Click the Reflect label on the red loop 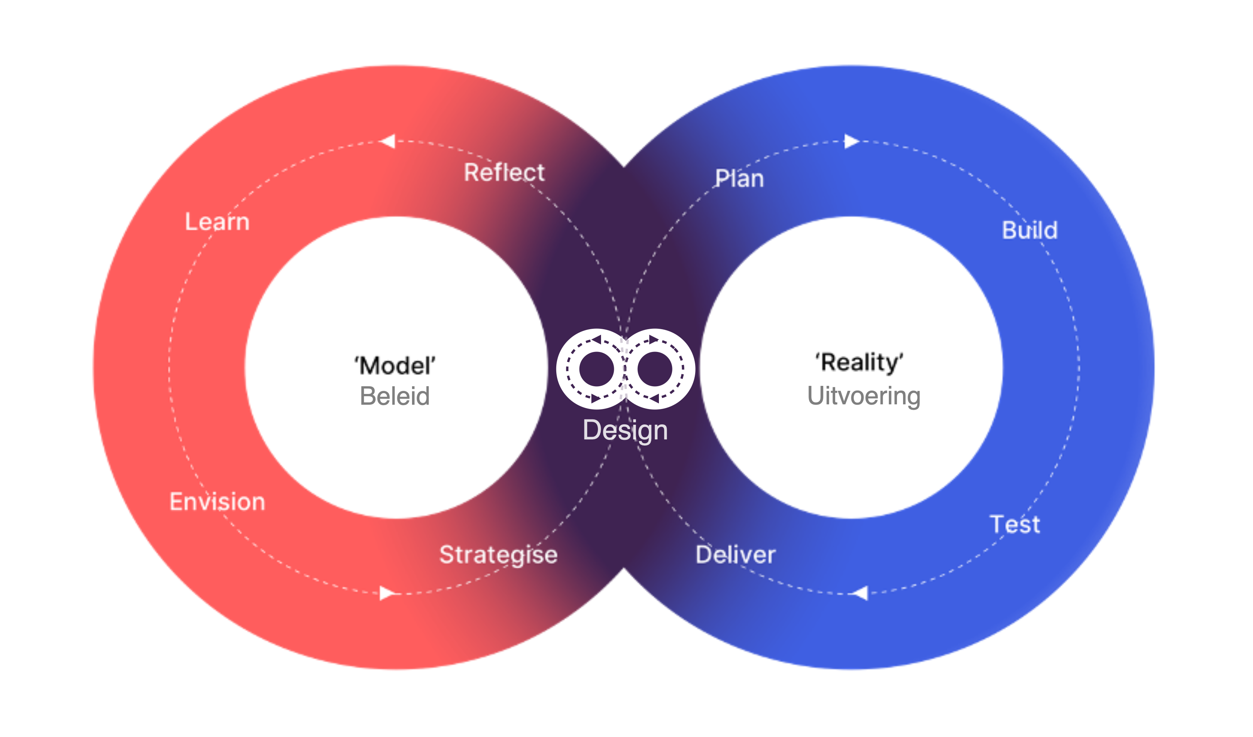point(504,172)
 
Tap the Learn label point(217,222)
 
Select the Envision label point(217,501)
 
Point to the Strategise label point(498,555)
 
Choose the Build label point(1029,230)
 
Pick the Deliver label point(735,555)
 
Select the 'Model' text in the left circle point(395,366)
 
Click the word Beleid point(395,396)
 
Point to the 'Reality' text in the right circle point(859,362)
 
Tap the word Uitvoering point(864,396)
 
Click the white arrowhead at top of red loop point(388,141)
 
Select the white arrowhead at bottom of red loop point(387,593)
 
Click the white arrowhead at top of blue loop point(851,141)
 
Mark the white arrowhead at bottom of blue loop point(860,593)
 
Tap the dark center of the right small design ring point(654,369)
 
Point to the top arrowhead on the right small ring point(654,340)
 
